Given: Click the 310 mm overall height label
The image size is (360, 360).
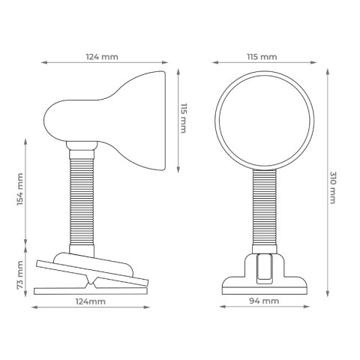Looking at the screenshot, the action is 332,187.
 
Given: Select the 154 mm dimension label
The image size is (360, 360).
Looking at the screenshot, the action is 20,189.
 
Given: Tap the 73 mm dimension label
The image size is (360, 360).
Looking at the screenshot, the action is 20,275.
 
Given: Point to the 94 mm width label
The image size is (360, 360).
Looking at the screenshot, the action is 264,301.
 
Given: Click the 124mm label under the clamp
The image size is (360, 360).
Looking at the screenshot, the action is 91,301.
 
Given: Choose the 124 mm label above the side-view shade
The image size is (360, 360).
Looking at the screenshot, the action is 102,57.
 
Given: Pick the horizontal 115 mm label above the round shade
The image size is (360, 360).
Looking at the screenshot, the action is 262,57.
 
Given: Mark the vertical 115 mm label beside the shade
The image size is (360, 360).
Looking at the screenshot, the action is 184,118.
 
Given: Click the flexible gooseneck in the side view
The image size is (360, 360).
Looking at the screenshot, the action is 82,201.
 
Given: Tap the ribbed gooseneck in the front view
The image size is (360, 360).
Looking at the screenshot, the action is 265,207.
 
